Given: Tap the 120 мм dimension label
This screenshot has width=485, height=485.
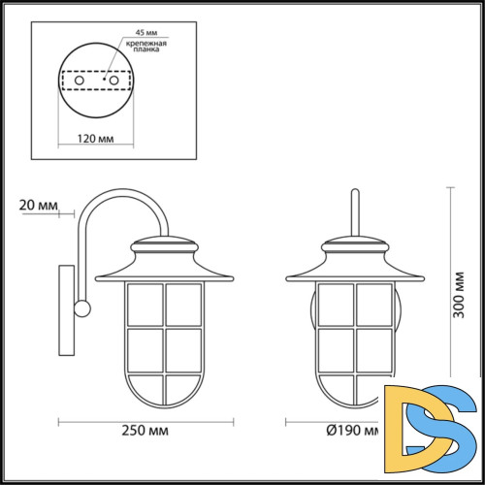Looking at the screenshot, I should click(92, 137).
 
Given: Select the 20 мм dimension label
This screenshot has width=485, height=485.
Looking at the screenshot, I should click(38, 205).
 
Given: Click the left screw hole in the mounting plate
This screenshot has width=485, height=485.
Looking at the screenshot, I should click(66, 80).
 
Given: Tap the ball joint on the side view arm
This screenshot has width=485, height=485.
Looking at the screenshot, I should click(82, 309).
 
